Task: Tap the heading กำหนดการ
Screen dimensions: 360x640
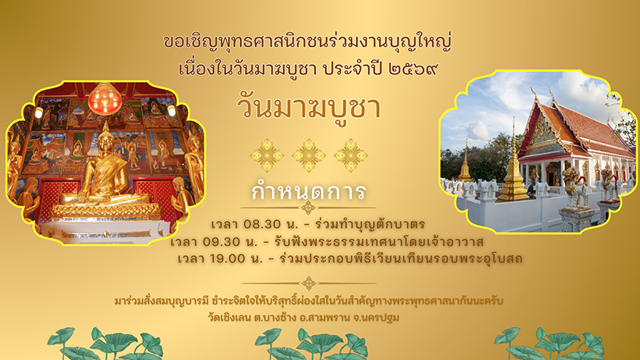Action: (308, 190)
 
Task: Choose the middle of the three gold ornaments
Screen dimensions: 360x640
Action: (308, 155)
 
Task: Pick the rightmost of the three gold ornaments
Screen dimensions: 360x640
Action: (350, 155)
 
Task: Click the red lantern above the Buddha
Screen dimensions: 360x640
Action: (105, 99)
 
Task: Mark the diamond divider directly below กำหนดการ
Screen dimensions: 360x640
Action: (308, 207)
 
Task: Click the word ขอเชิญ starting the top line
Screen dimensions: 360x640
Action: (183, 39)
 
